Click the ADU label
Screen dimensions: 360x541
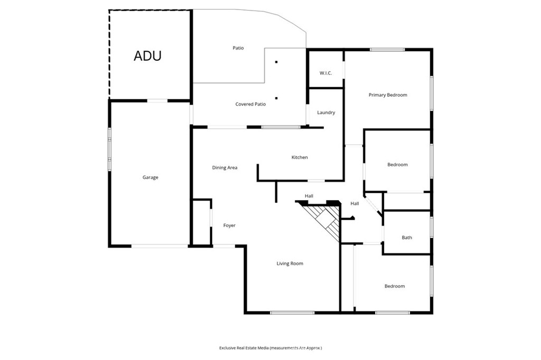pos(147,56)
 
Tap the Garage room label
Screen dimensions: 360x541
pos(150,177)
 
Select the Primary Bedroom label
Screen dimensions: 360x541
pos(388,95)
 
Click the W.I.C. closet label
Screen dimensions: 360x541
pos(325,73)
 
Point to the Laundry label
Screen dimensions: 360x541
pos(326,112)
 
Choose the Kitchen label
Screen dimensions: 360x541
pos(300,157)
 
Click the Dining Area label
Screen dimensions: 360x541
pos(225,168)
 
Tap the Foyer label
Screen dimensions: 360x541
pos(229,225)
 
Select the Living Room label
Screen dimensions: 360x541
pos(290,263)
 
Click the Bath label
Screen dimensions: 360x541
pos(407,238)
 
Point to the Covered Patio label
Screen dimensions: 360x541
pos(250,105)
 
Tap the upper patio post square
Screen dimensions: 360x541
pos(276,62)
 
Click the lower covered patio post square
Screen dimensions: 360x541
pos(276,98)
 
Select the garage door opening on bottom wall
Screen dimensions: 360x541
pos(160,245)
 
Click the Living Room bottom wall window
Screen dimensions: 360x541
pos(292,312)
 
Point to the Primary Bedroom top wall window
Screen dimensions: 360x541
pos(387,50)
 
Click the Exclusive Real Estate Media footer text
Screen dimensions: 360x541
pos(270,348)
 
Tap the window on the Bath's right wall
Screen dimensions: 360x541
pos(432,227)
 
